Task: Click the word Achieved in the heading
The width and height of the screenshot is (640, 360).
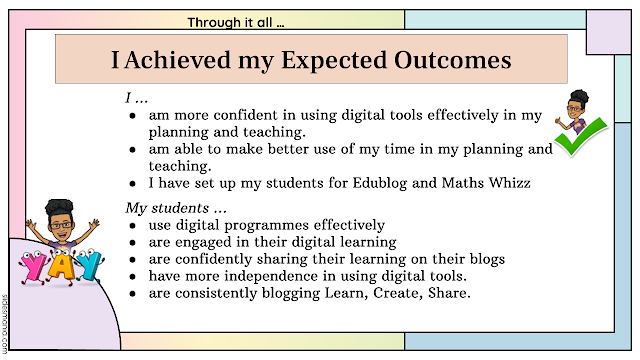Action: click(x=178, y=60)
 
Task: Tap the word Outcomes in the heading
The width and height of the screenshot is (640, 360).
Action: click(x=453, y=60)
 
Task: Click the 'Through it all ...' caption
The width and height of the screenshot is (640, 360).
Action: click(x=236, y=22)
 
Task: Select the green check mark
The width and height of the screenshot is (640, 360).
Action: click(x=582, y=136)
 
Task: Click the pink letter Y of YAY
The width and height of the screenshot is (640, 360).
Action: click(x=32, y=267)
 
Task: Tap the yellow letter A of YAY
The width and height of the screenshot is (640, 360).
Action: click(x=61, y=266)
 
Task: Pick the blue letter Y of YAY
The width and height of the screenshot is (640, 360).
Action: click(x=90, y=265)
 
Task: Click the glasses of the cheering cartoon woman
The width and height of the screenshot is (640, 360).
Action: click(x=62, y=224)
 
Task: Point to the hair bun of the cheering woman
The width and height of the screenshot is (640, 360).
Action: click(x=60, y=206)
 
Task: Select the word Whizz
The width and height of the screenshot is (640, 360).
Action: click(x=510, y=182)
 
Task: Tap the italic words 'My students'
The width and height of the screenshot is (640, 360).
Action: click(x=167, y=208)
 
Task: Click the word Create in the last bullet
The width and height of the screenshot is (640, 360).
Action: click(x=398, y=293)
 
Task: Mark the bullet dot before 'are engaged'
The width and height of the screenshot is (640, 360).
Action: click(x=132, y=243)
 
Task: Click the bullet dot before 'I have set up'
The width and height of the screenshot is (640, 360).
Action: click(x=132, y=184)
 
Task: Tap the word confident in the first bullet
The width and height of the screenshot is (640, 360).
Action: click(x=246, y=115)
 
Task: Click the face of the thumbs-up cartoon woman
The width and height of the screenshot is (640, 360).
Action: click(x=575, y=110)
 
